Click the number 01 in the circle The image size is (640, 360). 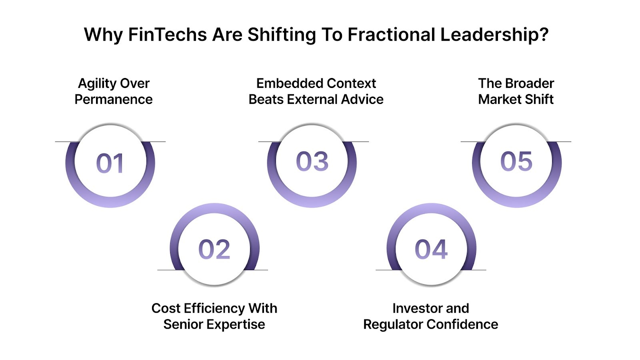point(110,163)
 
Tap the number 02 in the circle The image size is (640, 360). point(214,249)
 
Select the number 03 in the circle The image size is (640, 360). point(312,162)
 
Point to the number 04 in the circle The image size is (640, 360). point(431,249)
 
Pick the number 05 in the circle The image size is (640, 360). point(516,162)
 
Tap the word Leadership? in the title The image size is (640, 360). point(494,35)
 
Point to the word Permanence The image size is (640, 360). point(114,99)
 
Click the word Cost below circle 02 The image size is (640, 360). point(165,308)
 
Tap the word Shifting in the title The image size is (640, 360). point(282,35)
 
